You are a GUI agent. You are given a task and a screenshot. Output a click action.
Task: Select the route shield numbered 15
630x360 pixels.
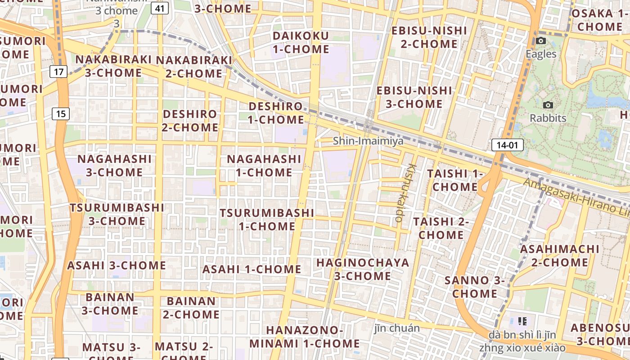pos(61,114)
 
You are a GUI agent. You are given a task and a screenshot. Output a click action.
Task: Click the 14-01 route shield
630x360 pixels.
pos(507,145)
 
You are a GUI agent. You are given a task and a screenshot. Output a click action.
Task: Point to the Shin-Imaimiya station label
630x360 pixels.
pos(368,141)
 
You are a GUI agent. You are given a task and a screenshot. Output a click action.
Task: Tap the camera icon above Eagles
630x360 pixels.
pos(541,41)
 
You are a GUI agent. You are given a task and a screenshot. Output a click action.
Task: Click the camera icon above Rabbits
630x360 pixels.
pos(548,105)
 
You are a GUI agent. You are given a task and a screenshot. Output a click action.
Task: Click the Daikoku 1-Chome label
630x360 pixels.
pos(301,42)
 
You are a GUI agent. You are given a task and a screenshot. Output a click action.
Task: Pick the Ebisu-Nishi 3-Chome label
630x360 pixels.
pos(414,97)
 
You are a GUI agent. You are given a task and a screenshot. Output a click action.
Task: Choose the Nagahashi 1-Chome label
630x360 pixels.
pos(264,166)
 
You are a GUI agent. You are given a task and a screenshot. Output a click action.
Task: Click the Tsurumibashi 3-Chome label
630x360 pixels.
pos(117,214)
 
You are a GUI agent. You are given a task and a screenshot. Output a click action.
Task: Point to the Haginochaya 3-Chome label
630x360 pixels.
pos(363,269)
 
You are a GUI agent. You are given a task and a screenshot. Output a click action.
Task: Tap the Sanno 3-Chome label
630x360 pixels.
pos(475,287)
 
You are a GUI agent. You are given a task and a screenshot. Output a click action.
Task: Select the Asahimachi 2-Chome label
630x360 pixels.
pos(560,255)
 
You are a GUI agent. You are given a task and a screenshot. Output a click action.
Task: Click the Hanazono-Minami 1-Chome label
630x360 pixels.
pos(305,337)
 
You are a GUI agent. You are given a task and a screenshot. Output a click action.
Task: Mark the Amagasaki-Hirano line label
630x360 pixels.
pos(576,197)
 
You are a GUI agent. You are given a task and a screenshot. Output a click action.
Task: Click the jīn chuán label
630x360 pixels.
pos(397,328)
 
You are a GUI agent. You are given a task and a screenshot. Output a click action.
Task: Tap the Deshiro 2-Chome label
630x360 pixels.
pos(190,121)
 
